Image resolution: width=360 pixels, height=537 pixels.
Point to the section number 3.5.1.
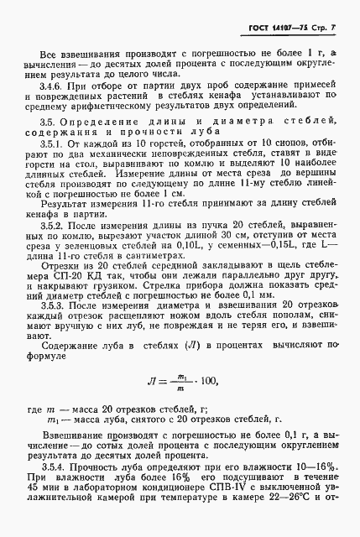[55, 167]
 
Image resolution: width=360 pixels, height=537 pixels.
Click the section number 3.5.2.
[55, 249]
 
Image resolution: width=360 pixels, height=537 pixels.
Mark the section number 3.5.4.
[55, 463]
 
